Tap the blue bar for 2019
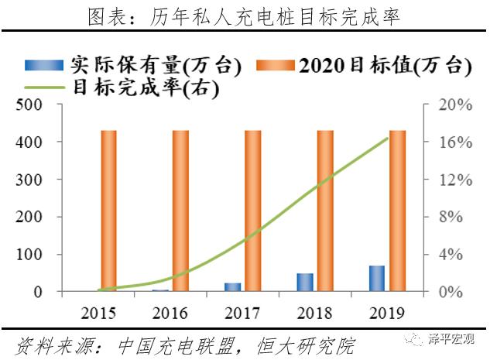[376, 279]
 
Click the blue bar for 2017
[232, 287]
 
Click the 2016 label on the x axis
[170, 314]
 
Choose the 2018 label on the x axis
[315, 314]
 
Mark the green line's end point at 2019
[387, 139]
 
